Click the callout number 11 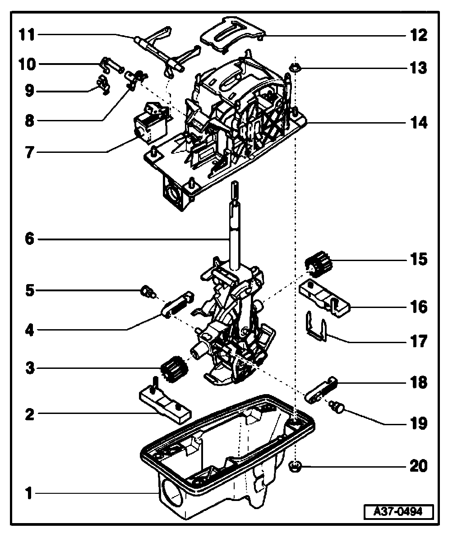pos(28,35)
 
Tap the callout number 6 pos(29,239)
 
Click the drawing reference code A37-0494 pos(398,512)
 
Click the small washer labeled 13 pos(295,68)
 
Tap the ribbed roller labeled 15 pos(318,263)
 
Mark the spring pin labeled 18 pos(321,389)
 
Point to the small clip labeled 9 pos(103,84)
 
